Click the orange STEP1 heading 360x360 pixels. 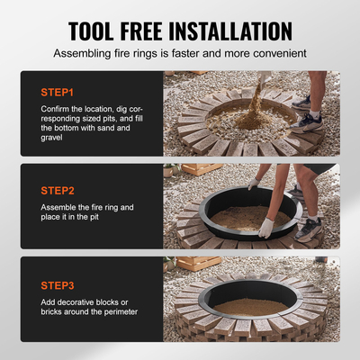click(x=58, y=93)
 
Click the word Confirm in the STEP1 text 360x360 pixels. click(x=56, y=111)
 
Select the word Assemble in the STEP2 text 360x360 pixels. click(x=59, y=209)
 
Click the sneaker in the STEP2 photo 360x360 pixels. click(x=308, y=227)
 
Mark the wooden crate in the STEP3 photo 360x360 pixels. click(x=198, y=263)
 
